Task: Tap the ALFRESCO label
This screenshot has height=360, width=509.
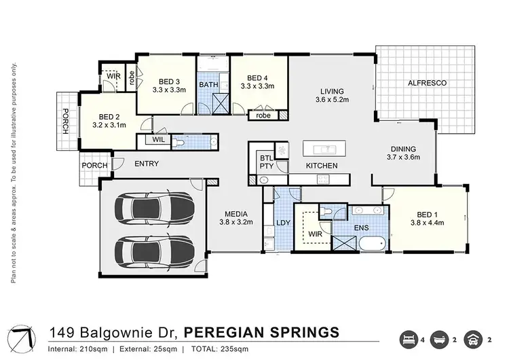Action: tap(426, 83)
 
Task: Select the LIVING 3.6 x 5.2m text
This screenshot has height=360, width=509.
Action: tap(333, 96)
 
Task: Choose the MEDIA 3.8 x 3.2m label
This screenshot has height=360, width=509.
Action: tap(235, 217)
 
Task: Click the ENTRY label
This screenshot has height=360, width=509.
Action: tap(147, 164)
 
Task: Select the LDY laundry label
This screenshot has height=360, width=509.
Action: tap(283, 224)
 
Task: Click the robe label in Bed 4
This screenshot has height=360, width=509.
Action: tap(262, 115)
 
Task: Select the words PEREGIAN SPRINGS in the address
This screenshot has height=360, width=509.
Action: tap(262, 332)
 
